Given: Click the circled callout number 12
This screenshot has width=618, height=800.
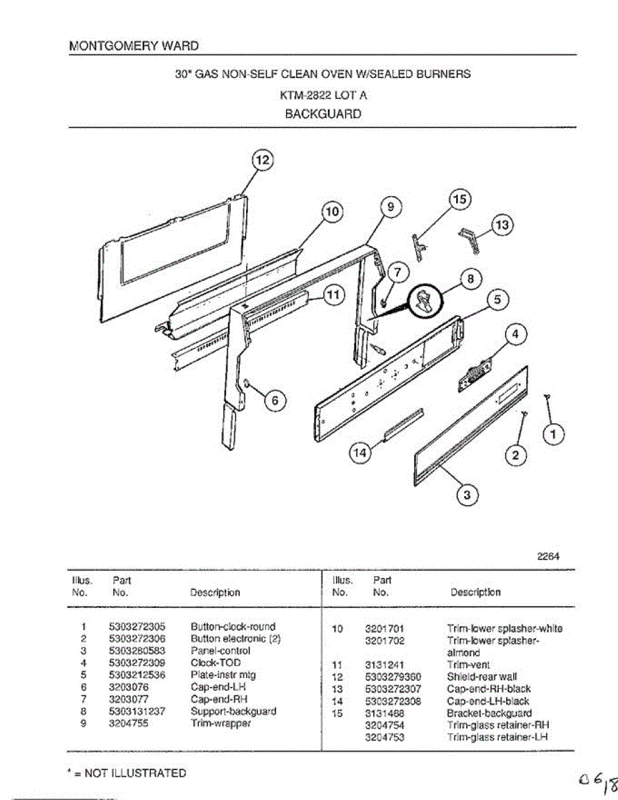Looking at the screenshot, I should tap(262, 161).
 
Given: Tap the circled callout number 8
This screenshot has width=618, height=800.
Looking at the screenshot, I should tap(470, 279).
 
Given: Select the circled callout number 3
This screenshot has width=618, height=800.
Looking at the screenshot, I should tap(467, 494).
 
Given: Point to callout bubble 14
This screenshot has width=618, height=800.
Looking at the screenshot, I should tap(359, 453).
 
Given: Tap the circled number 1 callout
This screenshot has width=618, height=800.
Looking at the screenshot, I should tap(553, 434).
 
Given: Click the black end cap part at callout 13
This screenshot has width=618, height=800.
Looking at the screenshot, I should tap(470, 237).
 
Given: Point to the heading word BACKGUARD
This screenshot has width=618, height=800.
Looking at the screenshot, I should tap(323, 114).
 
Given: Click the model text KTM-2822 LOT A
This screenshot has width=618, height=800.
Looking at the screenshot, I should tap(323, 95).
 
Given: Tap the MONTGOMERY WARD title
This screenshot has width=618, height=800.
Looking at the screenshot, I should tap(134, 46).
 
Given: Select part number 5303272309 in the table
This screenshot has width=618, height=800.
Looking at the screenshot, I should tap(137, 663).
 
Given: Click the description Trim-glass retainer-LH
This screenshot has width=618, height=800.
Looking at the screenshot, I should tap(497, 737).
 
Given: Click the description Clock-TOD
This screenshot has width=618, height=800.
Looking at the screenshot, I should tap(215, 663).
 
